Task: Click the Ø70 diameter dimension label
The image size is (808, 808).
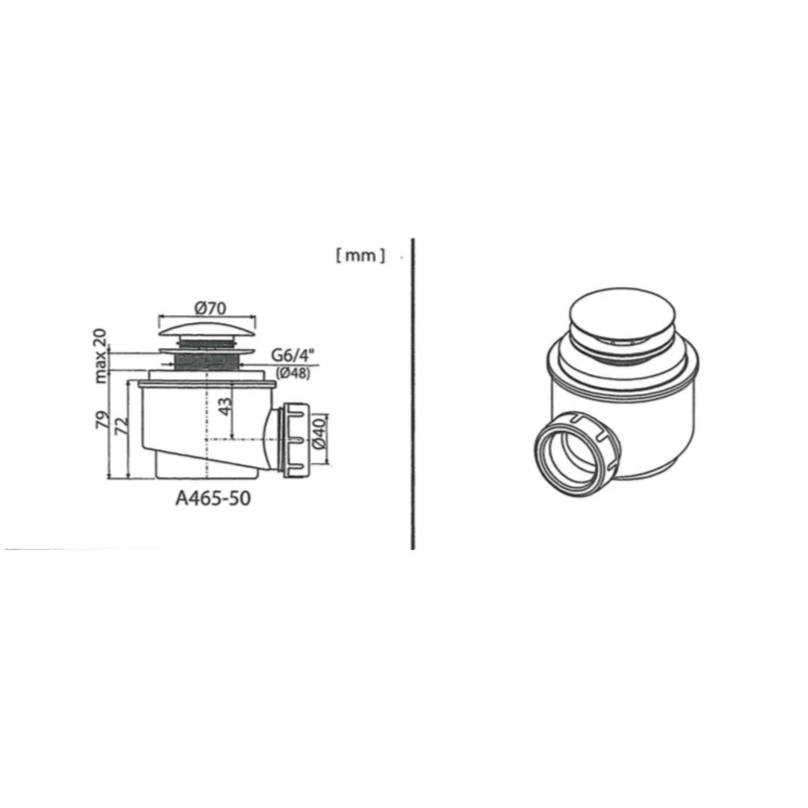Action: coord(209,308)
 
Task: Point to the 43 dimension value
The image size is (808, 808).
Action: coord(226,405)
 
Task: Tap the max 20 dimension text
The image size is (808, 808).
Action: coord(101,356)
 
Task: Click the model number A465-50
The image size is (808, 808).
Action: coord(213,498)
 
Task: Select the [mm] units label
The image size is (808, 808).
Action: coord(360,256)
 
